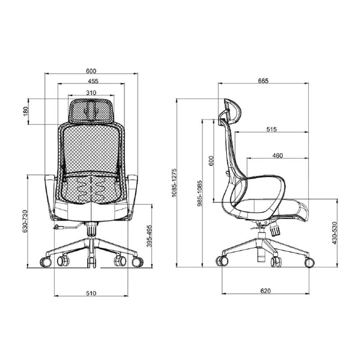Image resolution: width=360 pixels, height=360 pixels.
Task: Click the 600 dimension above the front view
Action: click(x=91, y=71)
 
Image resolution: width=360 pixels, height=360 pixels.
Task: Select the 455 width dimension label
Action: click(x=93, y=81)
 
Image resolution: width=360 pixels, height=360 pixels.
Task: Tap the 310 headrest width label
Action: click(x=91, y=93)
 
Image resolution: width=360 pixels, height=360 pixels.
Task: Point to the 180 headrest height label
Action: click(x=26, y=112)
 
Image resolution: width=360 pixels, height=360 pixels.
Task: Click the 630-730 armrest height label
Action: click(x=25, y=221)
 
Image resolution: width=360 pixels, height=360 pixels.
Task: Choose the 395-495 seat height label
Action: click(x=149, y=236)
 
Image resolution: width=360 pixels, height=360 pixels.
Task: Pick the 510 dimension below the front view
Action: click(x=91, y=293)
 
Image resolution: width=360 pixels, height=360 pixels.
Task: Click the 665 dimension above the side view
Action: click(x=263, y=81)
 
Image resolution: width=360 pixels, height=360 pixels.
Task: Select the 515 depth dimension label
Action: click(x=272, y=129)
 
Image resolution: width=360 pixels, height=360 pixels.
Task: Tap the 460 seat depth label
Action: click(x=278, y=155)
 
